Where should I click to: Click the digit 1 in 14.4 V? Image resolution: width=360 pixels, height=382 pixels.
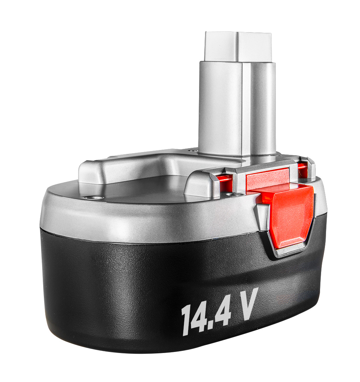pyautogui.click(x=186, y=320)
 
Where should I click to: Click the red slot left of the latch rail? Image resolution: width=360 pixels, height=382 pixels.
pyautogui.click(x=225, y=181)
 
